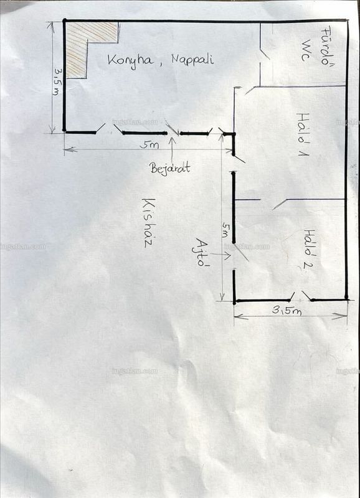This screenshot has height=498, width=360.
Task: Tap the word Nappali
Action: coord(192,59)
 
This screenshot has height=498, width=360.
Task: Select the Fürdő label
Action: coord(326,46)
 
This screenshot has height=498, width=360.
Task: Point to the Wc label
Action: coord(306,50)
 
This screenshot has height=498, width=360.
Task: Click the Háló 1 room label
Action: coord(303,134)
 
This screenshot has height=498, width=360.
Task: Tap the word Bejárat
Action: coord(170,167)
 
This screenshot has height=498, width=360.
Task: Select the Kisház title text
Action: coord(148,223)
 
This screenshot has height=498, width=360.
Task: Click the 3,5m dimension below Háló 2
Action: coord(287,310)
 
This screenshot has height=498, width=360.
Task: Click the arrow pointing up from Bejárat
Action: coord(172,150)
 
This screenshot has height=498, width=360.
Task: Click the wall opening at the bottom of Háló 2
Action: coord(301,299)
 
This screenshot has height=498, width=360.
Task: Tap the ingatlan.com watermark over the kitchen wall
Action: coord(135,122)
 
